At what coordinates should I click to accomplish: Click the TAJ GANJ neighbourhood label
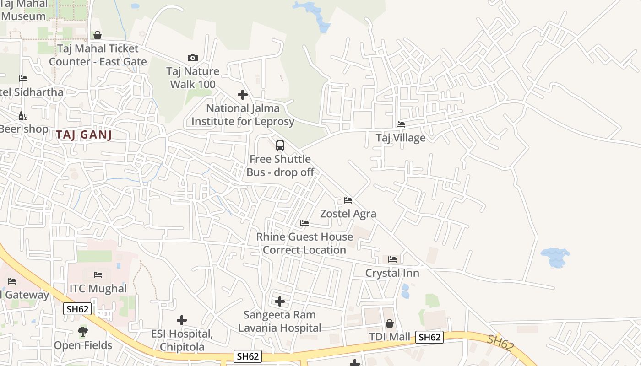pos(84,135)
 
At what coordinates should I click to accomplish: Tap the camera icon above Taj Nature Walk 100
pos(193,58)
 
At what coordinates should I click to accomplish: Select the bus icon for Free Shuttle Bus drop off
pos(280,145)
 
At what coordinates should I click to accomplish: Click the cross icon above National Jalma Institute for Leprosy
pos(243,95)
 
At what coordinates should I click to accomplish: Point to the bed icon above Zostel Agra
pos(348,200)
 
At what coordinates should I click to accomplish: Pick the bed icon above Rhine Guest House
pos(304,223)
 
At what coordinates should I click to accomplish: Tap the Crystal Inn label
pos(392,273)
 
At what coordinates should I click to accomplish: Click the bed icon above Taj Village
pos(401,124)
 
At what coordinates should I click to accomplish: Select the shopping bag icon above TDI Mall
pos(389,323)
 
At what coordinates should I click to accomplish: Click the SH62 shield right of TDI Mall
pos(429,337)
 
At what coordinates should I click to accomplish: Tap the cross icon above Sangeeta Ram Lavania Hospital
pos(280,301)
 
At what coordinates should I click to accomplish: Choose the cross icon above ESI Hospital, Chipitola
pos(182,320)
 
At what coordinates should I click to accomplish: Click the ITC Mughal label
pos(98,289)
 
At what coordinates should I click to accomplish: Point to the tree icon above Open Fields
pos(83,331)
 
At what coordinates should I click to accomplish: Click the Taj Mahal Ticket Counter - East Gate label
pos(98,55)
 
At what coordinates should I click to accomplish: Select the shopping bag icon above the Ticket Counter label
pos(98,35)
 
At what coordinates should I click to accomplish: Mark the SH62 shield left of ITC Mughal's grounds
pos(77,309)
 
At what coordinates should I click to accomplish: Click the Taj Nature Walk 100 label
pos(193,78)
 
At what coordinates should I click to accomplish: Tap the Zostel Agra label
pos(348,214)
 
